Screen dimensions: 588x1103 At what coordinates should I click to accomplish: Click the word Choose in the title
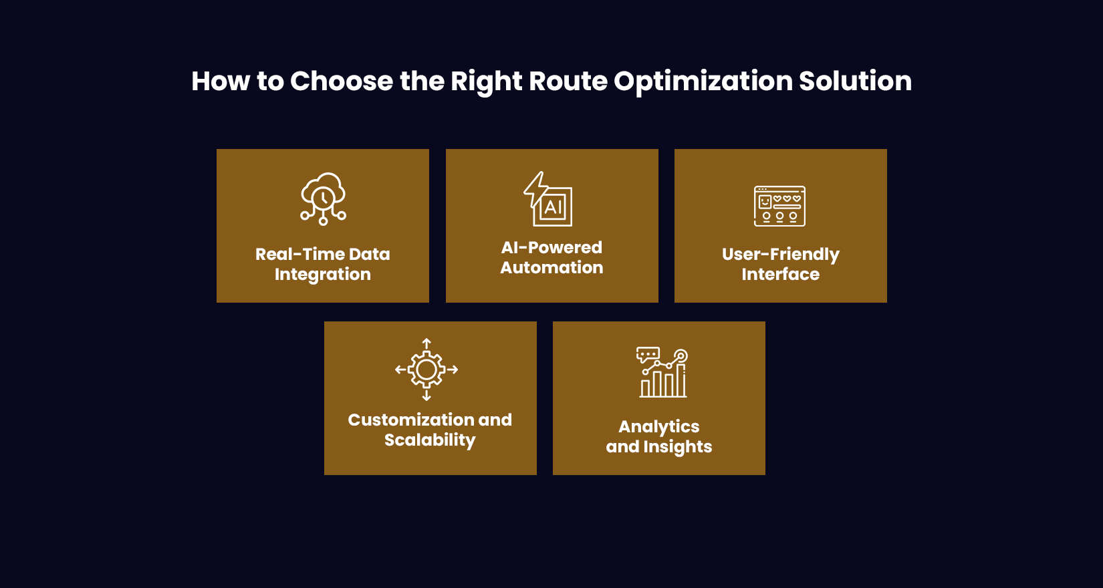click(x=341, y=82)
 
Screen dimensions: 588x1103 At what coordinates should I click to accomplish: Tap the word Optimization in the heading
click(x=703, y=82)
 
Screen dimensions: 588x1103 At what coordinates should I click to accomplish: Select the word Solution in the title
click(x=855, y=82)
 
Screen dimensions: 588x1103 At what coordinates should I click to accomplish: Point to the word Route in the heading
click(x=568, y=82)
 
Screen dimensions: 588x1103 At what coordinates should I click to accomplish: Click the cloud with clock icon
click(x=323, y=198)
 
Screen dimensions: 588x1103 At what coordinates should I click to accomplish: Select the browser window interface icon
click(x=779, y=206)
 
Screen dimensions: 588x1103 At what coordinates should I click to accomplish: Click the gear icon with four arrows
click(x=426, y=370)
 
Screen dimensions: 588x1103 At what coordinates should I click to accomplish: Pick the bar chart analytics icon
click(x=662, y=374)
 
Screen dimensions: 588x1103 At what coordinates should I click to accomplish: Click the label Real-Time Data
click(x=322, y=255)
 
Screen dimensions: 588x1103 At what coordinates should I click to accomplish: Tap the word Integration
click(x=322, y=275)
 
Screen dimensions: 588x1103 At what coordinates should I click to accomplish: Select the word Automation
click(x=551, y=268)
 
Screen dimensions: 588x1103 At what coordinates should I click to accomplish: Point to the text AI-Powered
click(x=551, y=248)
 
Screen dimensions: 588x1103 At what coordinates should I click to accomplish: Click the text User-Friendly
click(x=780, y=255)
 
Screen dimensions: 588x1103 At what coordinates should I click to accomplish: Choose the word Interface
click(x=780, y=275)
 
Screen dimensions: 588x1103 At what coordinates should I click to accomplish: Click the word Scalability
click(x=430, y=440)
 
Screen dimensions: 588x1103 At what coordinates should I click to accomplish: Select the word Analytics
click(x=658, y=427)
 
